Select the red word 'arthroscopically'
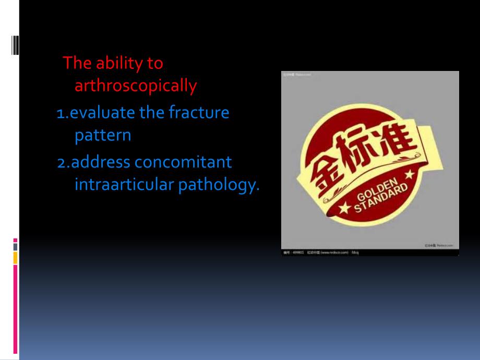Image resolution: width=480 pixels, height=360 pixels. coord(136,86)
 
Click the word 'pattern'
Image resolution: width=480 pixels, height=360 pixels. coord(103,136)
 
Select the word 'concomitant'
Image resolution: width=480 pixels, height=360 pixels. coord(183,162)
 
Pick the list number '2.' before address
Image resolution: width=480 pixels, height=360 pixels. coord(64,163)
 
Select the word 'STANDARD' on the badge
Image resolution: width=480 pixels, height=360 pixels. coord(380,199)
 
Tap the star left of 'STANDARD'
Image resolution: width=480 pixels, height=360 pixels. coord(345,209)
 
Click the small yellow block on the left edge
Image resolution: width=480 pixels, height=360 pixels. coord(15,257)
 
